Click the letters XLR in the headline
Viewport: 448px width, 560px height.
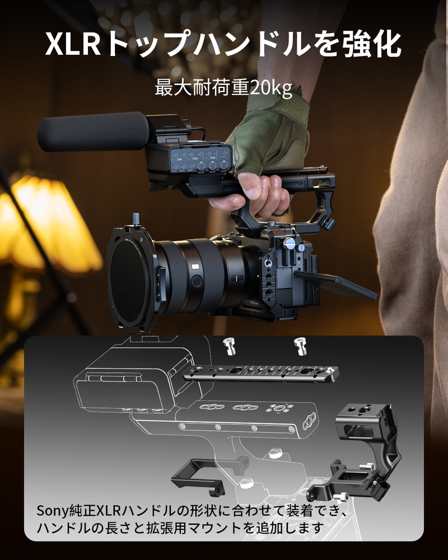point(73,44)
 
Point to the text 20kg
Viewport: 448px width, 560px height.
point(271,88)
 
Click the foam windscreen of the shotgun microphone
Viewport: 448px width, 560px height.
point(93,132)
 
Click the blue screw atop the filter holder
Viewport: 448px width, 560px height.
point(136,218)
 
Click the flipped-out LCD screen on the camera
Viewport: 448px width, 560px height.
point(335,284)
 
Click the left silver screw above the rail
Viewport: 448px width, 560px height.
point(229,346)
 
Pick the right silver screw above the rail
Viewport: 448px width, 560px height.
point(300,346)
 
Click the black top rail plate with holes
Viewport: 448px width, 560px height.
point(260,373)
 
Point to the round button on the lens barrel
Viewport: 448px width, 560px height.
point(196,281)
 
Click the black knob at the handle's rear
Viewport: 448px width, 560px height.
point(330,224)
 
